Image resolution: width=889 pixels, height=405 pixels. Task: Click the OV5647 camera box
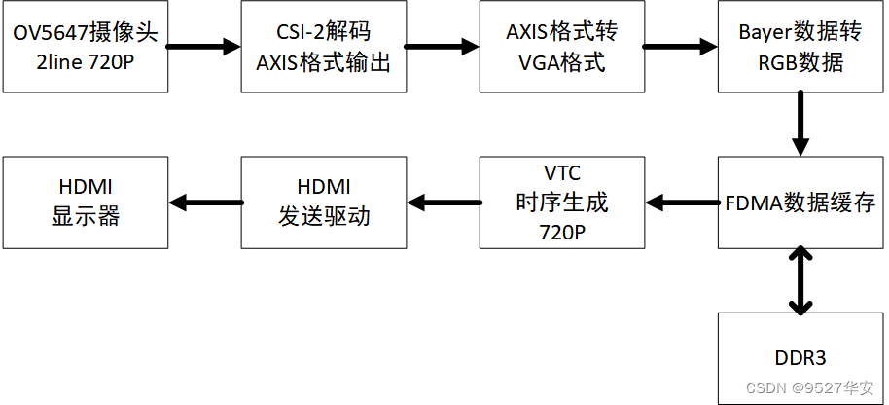(x=85, y=47)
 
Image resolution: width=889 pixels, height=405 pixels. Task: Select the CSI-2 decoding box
(x=324, y=47)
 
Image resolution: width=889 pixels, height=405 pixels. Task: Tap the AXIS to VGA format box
(x=561, y=47)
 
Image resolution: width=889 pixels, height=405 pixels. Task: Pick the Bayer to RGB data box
(x=800, y=47)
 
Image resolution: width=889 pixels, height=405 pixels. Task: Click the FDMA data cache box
(x=800, y=203)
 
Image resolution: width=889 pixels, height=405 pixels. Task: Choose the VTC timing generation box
(x=561, y=203)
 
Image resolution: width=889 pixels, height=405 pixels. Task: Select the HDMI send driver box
(x=324, y=203)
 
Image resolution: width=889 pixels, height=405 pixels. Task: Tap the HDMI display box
(x=85, y=203)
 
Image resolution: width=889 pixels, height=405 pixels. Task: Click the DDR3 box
(x=800, y=357)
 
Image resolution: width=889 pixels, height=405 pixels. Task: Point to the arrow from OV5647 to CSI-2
(x=203, y=45)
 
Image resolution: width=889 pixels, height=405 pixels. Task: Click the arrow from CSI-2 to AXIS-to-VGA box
(x=443, y=45)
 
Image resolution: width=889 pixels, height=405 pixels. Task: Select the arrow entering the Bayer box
(x=680, y=45)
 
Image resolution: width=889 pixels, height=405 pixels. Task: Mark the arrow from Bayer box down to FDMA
(x=800, y=124)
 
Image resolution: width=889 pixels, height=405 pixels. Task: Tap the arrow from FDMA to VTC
(x=680, y=202)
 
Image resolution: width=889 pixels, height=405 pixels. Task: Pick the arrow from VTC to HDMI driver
(x=443, y=202)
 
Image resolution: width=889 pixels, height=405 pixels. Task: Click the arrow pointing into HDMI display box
(x=204, y=202)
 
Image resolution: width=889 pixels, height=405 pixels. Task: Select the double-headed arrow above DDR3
(x=800, y=281)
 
